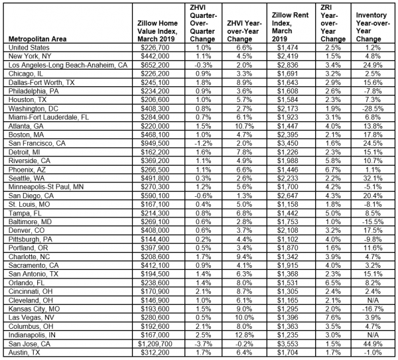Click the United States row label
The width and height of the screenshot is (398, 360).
pyautogui.click(x=31, y=47)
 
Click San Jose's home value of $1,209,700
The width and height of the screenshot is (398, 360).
pyautogui.click(x=147, y=344)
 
